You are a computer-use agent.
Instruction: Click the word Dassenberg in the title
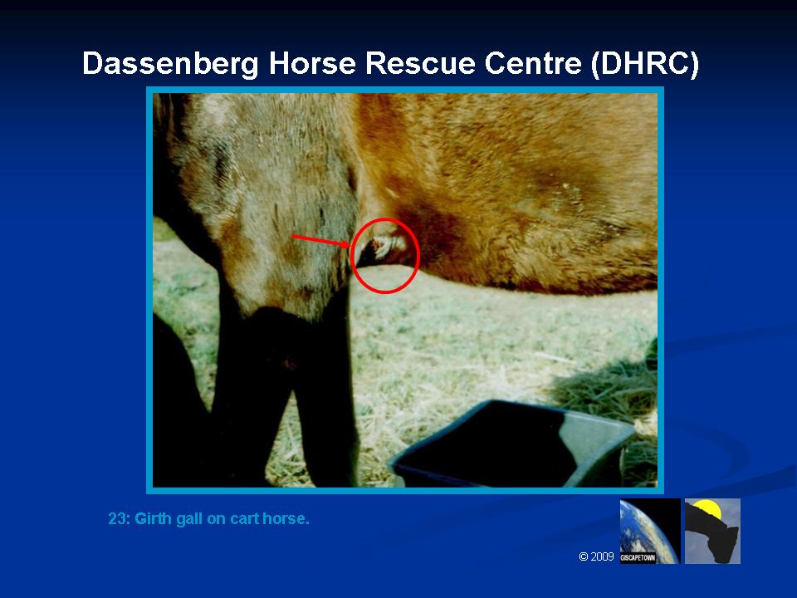point(171,64)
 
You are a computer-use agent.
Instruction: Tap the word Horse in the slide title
point(312,64)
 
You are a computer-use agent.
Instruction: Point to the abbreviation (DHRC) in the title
point(645,65)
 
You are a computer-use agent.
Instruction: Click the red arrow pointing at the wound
point(321,241)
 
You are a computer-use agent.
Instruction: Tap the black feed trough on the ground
point(511,444)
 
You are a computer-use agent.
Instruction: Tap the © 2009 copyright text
point(596,556)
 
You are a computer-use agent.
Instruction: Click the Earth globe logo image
point(650,531)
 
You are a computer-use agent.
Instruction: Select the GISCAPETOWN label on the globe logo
point(638,558)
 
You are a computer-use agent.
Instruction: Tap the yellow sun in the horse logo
point(707,508)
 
